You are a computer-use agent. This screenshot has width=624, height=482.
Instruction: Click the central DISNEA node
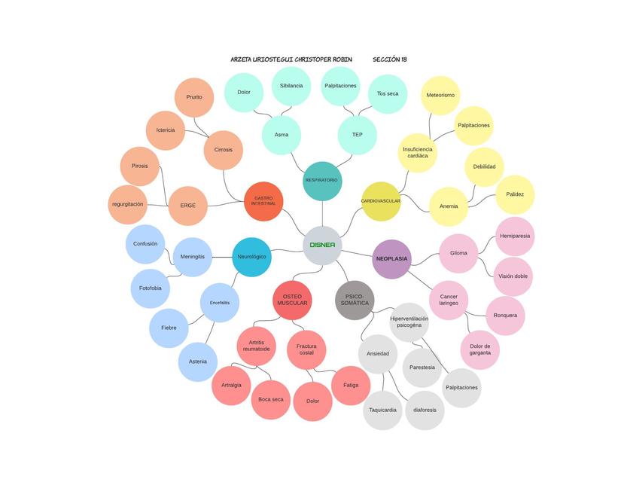322,246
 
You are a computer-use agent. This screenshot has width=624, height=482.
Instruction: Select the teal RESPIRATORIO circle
322,181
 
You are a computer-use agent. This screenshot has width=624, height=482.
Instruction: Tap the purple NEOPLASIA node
391,259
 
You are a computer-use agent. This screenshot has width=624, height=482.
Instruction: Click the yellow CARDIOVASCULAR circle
381,201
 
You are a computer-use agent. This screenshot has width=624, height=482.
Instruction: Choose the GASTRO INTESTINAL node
263,201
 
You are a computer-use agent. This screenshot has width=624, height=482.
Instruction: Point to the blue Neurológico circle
251,257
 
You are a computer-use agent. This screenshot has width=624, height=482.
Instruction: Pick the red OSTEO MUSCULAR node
292,300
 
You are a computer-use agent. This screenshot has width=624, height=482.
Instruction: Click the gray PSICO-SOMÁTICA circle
355,300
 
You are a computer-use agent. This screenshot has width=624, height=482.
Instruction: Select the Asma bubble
282,135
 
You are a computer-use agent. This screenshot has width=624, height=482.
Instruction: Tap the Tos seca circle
388,94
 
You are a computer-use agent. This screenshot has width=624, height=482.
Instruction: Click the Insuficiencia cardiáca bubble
418,153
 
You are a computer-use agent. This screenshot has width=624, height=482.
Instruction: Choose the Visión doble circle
513,276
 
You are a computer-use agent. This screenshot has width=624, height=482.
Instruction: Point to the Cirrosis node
224,150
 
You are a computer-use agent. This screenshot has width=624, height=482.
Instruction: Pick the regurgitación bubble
128,205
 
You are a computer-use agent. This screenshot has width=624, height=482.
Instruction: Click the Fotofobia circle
151,288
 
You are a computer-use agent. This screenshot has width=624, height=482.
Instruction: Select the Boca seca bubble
271,400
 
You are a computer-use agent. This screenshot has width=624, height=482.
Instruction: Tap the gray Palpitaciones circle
461,388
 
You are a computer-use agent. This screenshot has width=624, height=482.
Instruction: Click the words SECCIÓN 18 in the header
390,59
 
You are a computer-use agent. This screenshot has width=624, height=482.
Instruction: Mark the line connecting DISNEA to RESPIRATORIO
322,213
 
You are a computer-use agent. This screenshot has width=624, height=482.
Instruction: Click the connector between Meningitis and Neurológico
222,257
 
